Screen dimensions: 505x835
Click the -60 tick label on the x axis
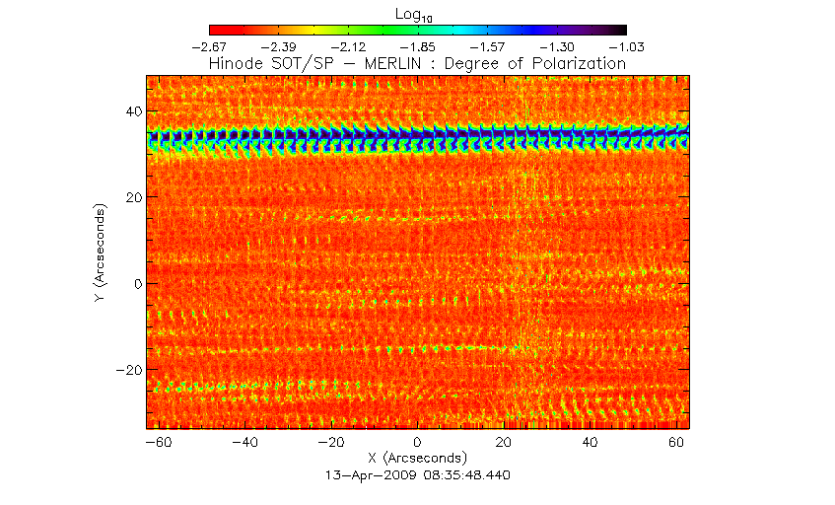[158, 444]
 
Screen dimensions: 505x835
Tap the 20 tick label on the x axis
[504, 444]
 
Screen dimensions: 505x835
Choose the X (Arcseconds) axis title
[417, 459]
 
